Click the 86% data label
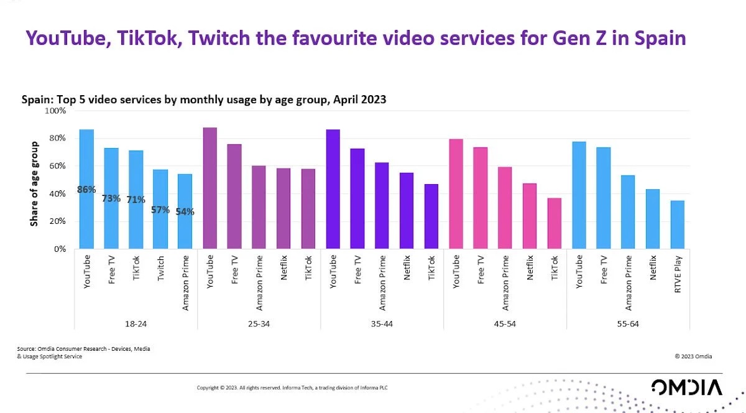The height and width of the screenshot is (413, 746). click(x=86, y=189)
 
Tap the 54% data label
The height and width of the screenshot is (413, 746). click(x=185, y=211)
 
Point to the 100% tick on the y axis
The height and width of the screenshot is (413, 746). click(x=56, y=111)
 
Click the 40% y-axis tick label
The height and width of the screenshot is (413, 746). click(x=57, y=193)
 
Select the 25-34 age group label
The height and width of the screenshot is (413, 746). click(x=259, y=323)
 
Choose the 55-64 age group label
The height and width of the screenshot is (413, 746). click(x=628, y=323)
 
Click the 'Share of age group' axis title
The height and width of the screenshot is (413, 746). click(x=35, y=183)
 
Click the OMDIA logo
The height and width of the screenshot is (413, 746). click(x=687, y=387)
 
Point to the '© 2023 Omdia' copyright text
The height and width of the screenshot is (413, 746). click(x=693, y=356)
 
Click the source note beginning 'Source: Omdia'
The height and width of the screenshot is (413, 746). click(x=83, y=353)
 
